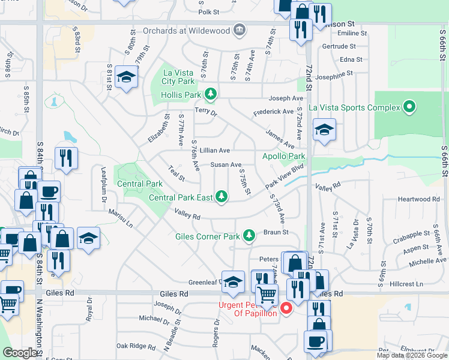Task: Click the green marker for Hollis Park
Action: [x=210, y=94]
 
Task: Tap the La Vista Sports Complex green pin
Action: [x=410, y=107]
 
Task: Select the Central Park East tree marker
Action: [x=221, y=197]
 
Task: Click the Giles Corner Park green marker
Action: [x=249, y=236]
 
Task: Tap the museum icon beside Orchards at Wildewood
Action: [x=240, y=29]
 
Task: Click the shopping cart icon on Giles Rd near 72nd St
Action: [x=267, y=295]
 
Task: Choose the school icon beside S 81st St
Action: [x=126, y=76]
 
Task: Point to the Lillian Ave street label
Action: [x=215, y=150]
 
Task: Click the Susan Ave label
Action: [x=226, y=164]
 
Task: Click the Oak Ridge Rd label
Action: [x=136, y=346]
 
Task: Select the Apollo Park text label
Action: [x=284, y=157]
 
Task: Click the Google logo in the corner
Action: [x=19, y=353]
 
